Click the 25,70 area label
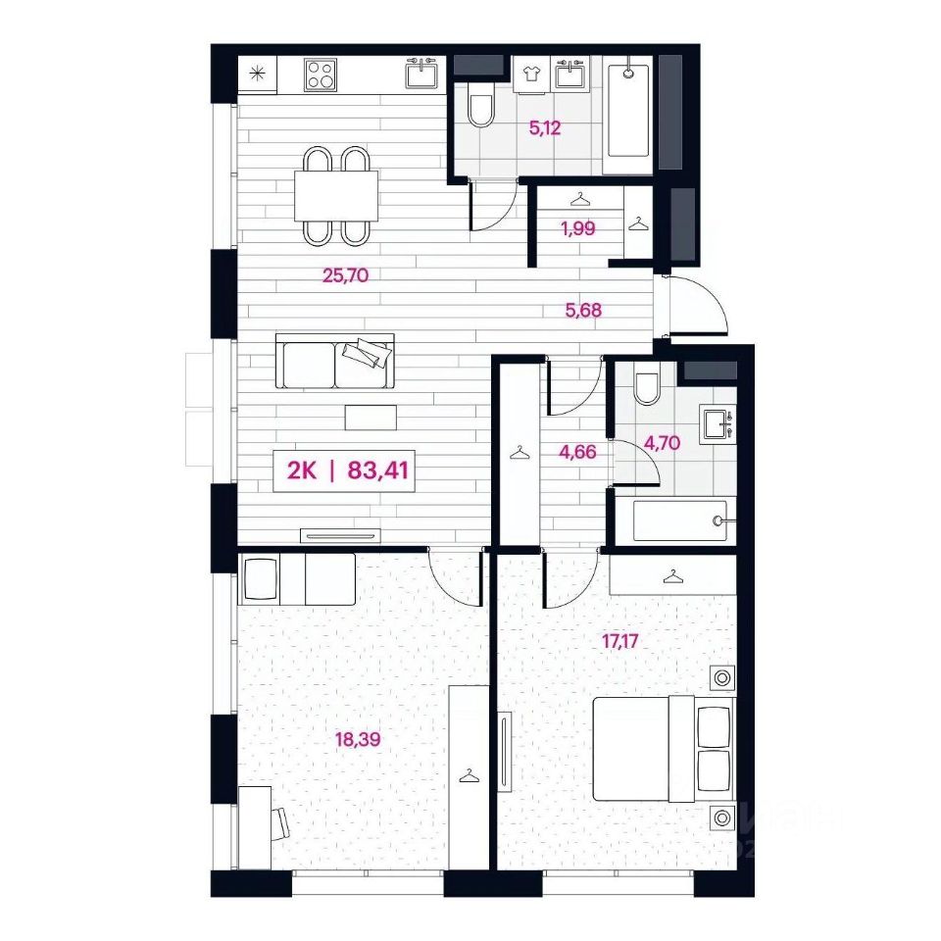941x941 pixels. [345, 275]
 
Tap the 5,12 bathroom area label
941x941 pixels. [545, 127]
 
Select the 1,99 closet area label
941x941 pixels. [578, 228]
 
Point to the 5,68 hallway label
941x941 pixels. [583, 311]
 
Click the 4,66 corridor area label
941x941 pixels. [577, 451]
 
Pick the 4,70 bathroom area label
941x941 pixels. [662, 443]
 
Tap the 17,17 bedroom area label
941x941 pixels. [619, 641]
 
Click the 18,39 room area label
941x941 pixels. [358, 739]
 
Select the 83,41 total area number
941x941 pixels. [378, 470]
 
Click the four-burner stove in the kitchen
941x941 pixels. [320, 74]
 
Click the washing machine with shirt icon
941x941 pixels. [530, 74]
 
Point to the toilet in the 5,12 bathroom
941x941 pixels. [480, 105]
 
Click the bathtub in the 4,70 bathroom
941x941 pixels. [680, 520]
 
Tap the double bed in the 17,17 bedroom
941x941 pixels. [664, 748]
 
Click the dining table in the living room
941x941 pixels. [336, 196]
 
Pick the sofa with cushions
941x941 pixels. [335, 361]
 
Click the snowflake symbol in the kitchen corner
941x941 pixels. [257, 74]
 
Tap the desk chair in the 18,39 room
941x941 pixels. [281, 823]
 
